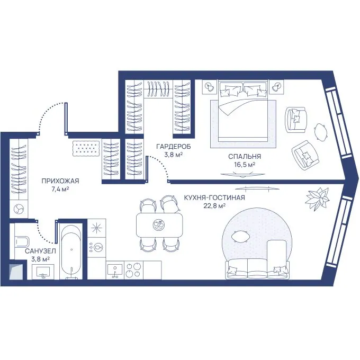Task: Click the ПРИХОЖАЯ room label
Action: coord(60,181)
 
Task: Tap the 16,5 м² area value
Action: coord(245,165)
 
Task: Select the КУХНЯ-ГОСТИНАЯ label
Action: coord(214,197)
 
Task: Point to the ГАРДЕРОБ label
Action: coord(174,146)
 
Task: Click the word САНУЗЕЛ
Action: coord(40,251)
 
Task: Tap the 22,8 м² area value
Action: coord(214,205)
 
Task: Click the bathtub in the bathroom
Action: coord(71,251)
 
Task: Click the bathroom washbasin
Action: coord(43,272)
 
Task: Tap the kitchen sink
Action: coord(115,270)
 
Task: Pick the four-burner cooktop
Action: coord(133,270)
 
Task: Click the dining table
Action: coord(159,225)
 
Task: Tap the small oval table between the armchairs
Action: coord(320,132)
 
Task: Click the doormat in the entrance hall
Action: coord(86,149)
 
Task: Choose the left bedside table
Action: coord(210,87)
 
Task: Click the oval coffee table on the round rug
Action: coord(240,237)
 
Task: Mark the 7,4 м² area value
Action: coord(60,190)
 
